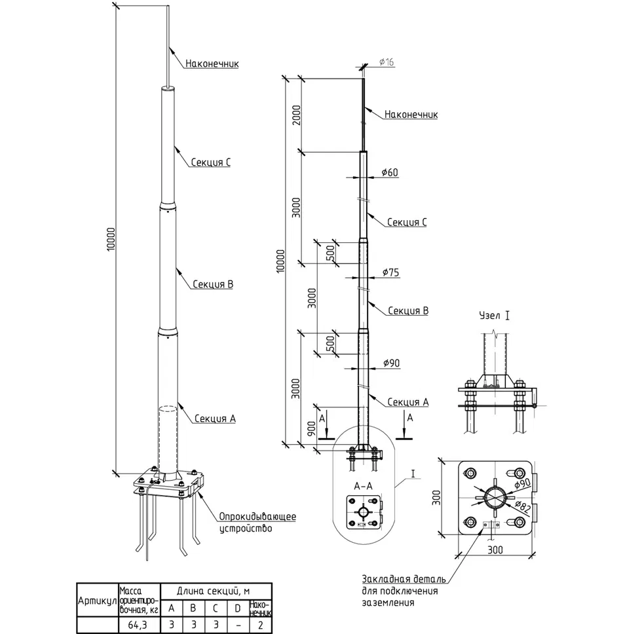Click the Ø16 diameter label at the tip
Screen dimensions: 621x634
click(386, 62)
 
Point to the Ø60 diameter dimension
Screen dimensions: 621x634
click(390, 173)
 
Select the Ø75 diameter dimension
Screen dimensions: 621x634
click(391, 272)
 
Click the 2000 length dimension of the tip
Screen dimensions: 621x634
click(297, 115)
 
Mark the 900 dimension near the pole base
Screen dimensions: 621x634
click(311, 429)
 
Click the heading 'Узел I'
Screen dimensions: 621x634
click(495, 316)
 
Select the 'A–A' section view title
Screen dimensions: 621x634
click(363, 487)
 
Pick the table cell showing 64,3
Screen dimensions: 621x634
click(138, 625)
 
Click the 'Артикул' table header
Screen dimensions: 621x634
click(97, 601)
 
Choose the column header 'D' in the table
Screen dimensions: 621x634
click(238, 608)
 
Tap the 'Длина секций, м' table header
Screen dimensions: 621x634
click(214, 591)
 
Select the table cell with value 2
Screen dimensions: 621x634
click(260, 625)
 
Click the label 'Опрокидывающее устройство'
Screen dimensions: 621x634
click(257, 523)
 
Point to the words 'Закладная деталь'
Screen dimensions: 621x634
click(404, 579)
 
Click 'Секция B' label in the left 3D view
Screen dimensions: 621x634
click(213, 284)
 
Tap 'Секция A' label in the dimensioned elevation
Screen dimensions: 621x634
click(408, 402)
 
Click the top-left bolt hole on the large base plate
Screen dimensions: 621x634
click(470, 473)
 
